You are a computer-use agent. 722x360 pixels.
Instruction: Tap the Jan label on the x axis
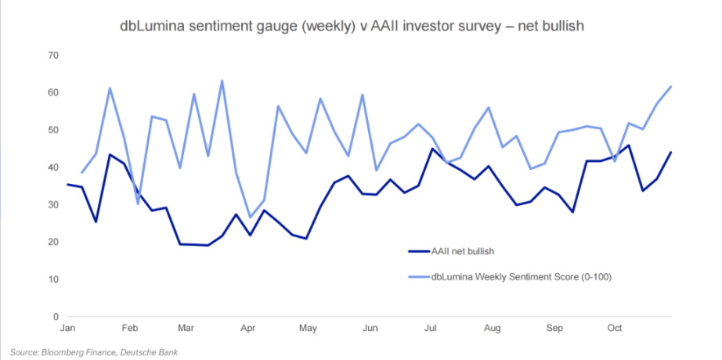click(67, 329)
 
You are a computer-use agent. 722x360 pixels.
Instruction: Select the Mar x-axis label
click(186, 329)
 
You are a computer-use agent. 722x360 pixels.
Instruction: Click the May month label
click(308, 329)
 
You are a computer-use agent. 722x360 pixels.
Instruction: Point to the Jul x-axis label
click(431, 329)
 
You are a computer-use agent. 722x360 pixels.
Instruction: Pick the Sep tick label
click(554, 329)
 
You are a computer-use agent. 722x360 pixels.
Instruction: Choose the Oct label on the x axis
click(615, 329)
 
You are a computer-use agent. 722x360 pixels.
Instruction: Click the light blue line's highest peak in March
click(222, 81)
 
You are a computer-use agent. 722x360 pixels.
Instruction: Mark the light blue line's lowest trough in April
click(250, 217)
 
